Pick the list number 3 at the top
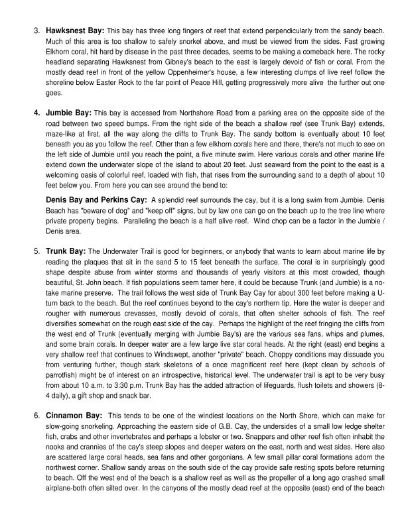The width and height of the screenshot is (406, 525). (36, 30)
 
